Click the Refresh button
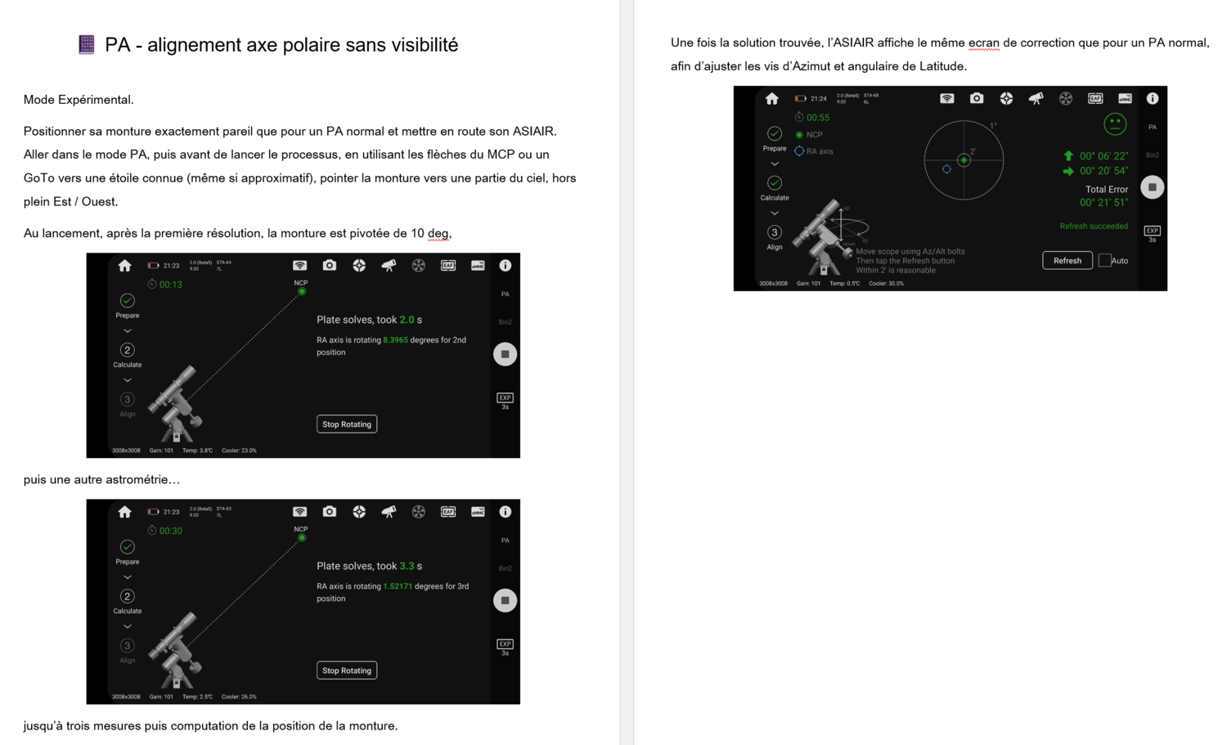pos(1067,261)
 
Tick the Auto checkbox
pos(1105,261)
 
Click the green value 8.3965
pos(395,340)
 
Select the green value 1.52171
pos(397,586)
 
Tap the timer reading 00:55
pos(818,118)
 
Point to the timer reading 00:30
pos(170,531)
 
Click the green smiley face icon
pos(1115,124)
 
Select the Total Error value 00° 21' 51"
pos(1103,203)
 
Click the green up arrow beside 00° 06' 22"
pos(1068,155)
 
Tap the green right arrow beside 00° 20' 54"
pos(1068,172)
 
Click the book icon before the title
pos(87,45)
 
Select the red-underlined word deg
pos(438,234)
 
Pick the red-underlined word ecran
pos(984,43)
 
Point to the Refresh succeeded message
pos(1094,227)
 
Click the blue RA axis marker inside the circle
pos(946,169)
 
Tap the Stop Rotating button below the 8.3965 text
pos(347,424)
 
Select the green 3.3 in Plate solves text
pos(407,566)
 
